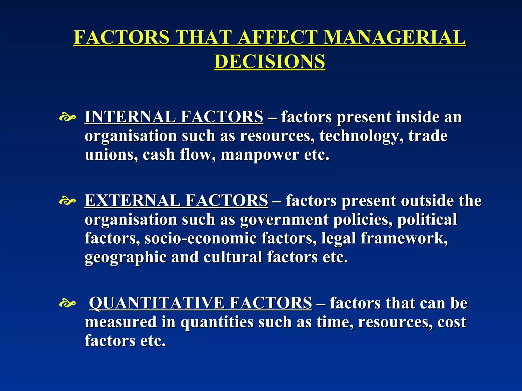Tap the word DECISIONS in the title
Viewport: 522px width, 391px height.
pyautogui.click(x=270, y=62)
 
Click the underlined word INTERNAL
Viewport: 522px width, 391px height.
pyautogui.click(x=130, y=117)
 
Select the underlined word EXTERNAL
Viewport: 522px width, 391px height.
pyautogui.click(x=132, y=200)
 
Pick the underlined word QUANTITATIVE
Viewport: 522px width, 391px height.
pyautogui.click(x=157, y=303)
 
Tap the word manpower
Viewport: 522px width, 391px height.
pyautogui.click(x=260, y=155)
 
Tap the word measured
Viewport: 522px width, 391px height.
pyautogui.click(x=120, y=322)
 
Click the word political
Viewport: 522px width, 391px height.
pyautogui.click(x=427, y=219)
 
